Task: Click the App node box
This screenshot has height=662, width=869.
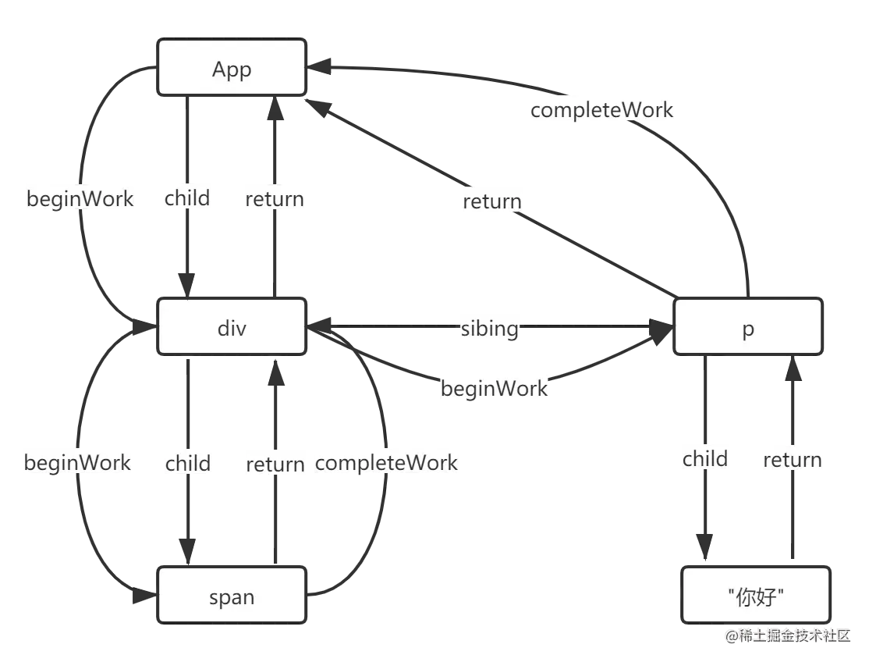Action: click(232, 69)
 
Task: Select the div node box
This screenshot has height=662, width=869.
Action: click(232, 329)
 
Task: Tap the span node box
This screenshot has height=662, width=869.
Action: click(232, 597)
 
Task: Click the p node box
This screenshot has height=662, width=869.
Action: click(747, 329)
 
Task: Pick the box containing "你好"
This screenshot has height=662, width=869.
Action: click(754, 597)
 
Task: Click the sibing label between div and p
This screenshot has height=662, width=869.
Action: click(488, 329)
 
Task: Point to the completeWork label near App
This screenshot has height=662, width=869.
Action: click(601, 110)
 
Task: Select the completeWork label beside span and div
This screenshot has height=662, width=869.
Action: click(386, 462)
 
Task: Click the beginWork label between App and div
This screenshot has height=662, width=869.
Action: click(80, 199)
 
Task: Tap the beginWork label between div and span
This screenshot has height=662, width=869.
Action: click(77, 462)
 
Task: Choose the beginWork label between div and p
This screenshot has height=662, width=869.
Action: click(494, 388)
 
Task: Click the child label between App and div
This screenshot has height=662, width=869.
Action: click(187, 198)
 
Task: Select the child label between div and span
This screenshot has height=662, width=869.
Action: click(187, 463)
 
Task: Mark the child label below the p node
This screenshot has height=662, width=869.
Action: click(705, 459)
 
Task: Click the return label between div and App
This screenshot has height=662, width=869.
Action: click(274, 199)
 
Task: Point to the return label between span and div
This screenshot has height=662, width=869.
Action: click(274, 464)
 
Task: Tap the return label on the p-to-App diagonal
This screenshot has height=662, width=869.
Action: click(491, 201)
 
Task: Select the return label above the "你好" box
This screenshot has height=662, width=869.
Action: click(792, 460)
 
